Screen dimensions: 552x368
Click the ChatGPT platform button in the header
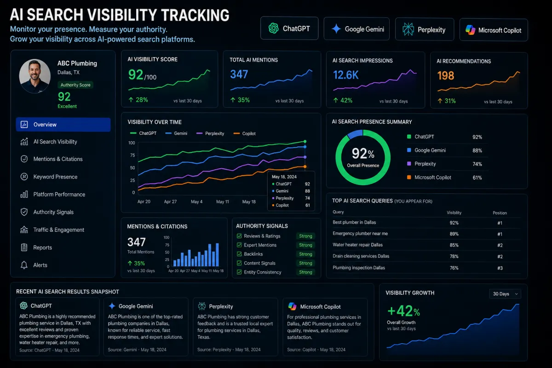[289, 29]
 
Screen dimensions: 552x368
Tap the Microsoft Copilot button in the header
[494, 30]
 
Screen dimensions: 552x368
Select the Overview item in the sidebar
[63, 125]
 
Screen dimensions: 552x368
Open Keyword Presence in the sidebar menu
[55, 177]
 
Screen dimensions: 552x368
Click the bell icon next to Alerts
[24, 265]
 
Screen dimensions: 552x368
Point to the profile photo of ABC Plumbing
[35, 76]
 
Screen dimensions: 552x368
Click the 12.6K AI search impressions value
[345, 75]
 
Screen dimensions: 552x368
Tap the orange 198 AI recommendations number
[446, 76]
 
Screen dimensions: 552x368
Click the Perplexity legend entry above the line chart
[210, 133]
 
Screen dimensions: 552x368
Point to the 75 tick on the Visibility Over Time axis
[132, 155]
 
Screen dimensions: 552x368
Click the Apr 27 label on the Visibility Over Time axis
[170, 201]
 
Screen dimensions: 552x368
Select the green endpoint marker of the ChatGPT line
[305, 142]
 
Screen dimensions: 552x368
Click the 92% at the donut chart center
[363, 154]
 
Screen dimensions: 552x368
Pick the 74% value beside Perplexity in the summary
[477, 164]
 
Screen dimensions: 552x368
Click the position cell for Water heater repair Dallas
[500, 245]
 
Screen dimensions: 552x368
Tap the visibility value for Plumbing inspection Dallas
[454, 268]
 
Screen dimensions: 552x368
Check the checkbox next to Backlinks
[239, 254]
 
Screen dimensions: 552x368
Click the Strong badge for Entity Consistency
[305, 272]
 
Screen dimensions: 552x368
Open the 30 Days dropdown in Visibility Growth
[505, 294]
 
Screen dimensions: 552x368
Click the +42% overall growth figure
[404, 311]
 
